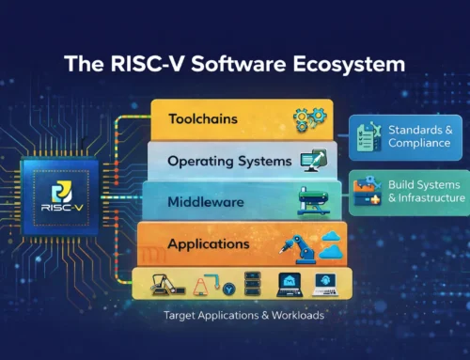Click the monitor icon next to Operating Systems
tap(312, 161)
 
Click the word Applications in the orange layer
tap(209, 244)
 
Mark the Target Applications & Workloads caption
tap(243, 315)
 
